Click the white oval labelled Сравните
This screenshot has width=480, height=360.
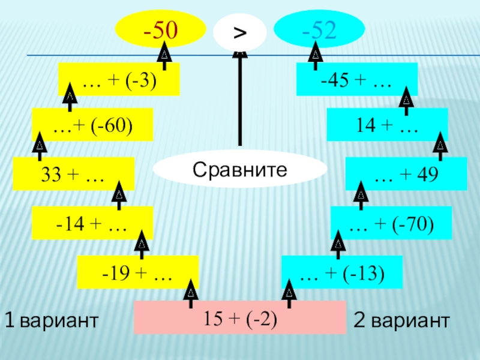pos(240,170)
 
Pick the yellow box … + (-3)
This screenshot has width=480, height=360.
pos(119,79)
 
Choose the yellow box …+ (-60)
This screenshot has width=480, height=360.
pos(92,124)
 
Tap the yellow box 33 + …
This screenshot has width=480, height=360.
pos(73,173)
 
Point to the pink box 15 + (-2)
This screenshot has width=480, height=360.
pos(240,317)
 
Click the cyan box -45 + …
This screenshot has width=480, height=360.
pos(356,79)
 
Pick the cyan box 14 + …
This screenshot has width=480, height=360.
pos(387,124)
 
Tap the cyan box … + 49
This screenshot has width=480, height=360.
pos(406,173)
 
